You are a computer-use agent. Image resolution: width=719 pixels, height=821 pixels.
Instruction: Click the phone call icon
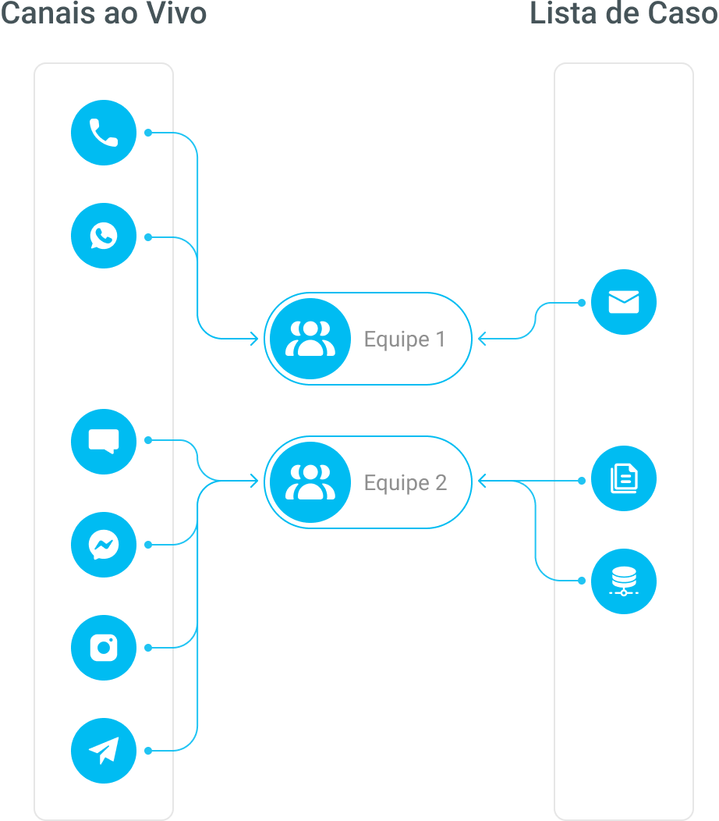[104, 133]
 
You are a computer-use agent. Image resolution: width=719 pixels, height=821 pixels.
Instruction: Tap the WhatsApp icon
[104, 236]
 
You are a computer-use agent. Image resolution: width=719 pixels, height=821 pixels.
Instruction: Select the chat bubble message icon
[104, 442]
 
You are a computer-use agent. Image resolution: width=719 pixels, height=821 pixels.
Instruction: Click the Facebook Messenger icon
[104, 545]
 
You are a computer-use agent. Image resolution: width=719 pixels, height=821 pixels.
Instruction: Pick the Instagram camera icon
[104, 648]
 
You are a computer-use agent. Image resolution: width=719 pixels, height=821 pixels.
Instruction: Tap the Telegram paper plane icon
[104, 751]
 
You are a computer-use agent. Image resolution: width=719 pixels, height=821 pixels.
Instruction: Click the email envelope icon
[623, 302]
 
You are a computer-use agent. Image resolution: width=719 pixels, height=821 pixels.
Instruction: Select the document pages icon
[623, 478]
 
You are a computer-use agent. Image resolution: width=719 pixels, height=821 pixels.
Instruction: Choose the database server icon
[623, 581]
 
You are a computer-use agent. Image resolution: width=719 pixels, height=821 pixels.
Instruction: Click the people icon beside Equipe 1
[310, 339]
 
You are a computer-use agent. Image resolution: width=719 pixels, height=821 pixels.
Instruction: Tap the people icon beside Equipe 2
[310, 482]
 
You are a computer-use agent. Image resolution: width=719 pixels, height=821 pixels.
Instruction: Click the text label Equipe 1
[404, 339]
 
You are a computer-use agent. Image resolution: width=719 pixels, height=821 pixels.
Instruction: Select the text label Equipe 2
[406, 483]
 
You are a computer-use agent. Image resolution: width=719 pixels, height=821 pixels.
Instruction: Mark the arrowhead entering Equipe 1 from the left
[253, 339]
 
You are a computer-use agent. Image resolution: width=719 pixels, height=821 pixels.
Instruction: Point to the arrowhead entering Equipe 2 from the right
[482, 482]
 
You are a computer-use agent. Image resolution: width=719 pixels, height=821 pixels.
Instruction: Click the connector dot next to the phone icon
[147, 133]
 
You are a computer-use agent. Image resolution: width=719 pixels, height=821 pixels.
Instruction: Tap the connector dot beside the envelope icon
[581, 302]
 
